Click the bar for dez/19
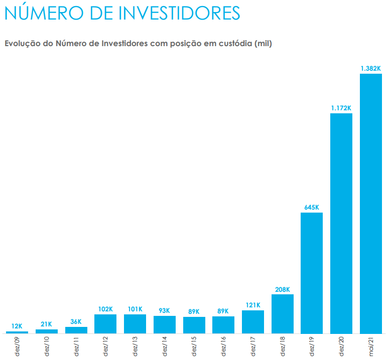pyautogui.click(x=312, y=273)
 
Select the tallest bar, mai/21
pyautogui.click(x=371, y=203)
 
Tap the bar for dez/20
pyautogui.click(x=341, y=223)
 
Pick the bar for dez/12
pyautogui.click(x=105, y=323)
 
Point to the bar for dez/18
pyautogui.click(x=283, y=313)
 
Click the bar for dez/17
pyautogui.click(x=253, y=321)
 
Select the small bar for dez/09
pyautogui.click(x=17, y=332)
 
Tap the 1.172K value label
pyautogui.click(x=341, y=108)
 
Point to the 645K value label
pyautogui.click(x=312, y=207)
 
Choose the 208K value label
pyautogui.click(x=283, y=289)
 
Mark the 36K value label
pyautogui.click(x=76, y=322)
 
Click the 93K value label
pyautogui.click(x=165, y=310)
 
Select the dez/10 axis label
pyautogui.click(x=47, y=346)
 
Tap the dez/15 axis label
pyautogui.click(x=194, y=346)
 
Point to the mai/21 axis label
pyautogui.click(x=371, y=346)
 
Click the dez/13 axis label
pyautogui.click(x=136, y=346)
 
